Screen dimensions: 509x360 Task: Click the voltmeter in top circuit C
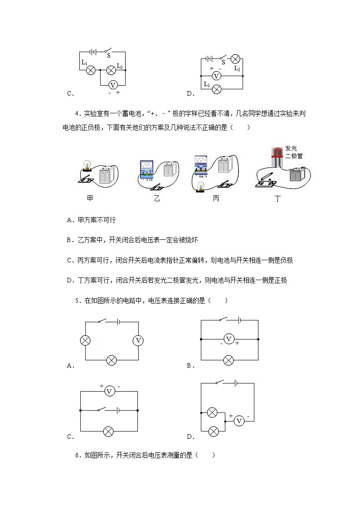[113, 84]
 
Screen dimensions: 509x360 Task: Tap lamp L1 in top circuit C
[90, 70]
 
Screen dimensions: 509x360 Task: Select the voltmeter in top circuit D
[217, 76]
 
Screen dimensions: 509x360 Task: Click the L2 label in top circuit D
[237, 68]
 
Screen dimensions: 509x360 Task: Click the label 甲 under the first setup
[90, 199]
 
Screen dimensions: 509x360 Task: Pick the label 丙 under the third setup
[216, 199]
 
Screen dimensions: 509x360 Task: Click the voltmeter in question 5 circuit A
[139, 340]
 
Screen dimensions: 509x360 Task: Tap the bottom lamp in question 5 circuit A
[111, 360]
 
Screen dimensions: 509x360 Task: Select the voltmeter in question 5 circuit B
[229, 339]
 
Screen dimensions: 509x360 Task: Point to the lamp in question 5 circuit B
[229, 360]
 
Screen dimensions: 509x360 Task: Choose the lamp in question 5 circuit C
[108, 431]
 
